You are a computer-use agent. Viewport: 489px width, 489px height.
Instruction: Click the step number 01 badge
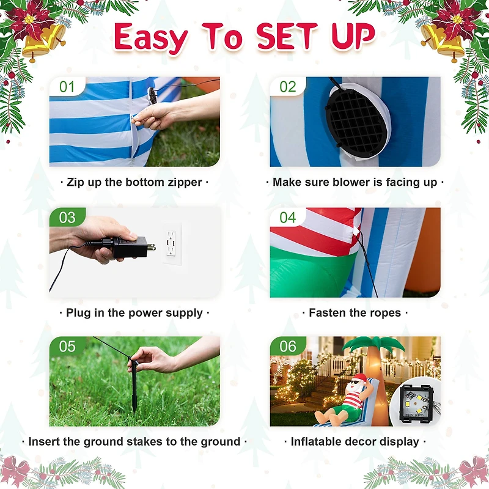click(x=67, y=86)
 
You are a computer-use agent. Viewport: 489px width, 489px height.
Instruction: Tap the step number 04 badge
click(x=287, y=217)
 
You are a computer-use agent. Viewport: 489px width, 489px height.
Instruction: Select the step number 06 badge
click(x=287, y=346)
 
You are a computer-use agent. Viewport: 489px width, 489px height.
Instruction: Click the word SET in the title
click(x=287, y=37)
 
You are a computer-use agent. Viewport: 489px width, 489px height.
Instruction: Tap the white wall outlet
click(x=172, y=243)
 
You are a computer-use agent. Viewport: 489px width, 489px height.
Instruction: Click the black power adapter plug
click(x=133, y=247)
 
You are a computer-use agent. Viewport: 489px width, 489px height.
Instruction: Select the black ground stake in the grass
click(x=134, y=385)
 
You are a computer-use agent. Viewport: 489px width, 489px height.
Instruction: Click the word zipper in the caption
click(x=185, y=182)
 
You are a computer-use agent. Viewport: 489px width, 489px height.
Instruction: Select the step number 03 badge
click(x=67, y=217)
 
